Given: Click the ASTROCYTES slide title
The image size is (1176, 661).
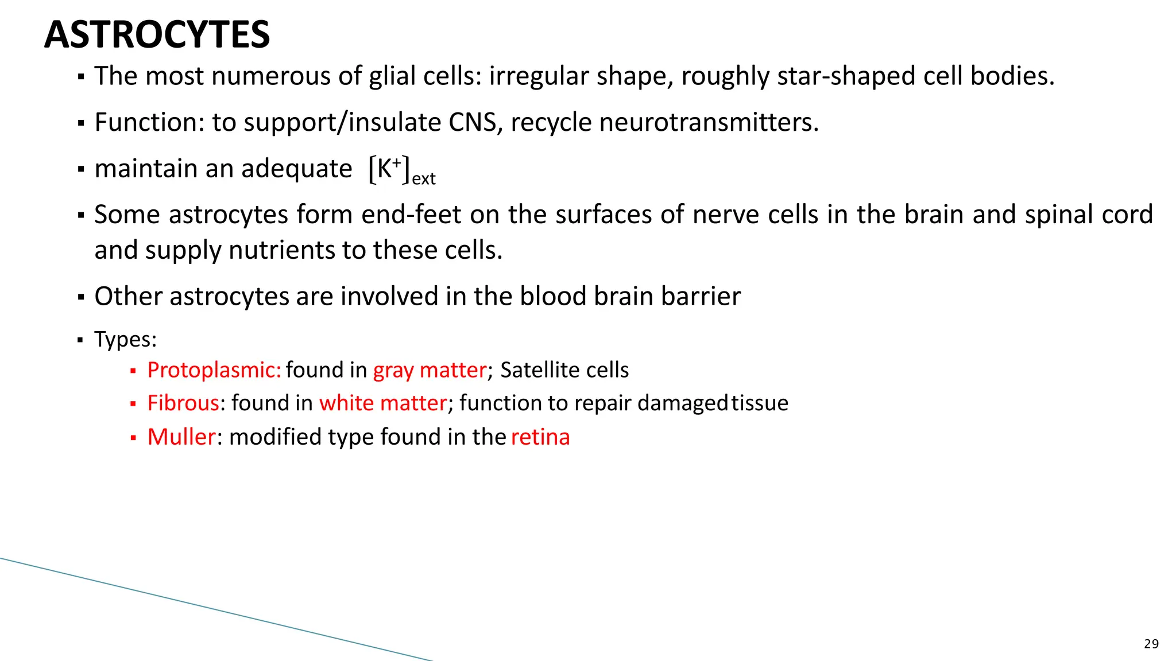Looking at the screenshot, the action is point(157,34).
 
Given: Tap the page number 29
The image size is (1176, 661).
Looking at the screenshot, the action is point(1151,644).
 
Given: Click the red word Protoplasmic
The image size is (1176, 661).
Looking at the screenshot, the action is point(214,370).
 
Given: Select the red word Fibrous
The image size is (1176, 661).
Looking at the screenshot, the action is point(183,403).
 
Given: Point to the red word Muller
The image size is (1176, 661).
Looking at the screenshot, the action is point(181,437).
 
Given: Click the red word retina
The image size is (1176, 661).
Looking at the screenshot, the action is point(540,437).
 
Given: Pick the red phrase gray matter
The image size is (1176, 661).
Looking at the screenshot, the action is point(430,370).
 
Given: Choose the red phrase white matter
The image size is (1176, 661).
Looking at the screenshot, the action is point(383,403).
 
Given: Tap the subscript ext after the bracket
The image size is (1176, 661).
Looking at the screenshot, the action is point(424,179).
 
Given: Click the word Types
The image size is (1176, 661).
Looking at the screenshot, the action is point(125,339).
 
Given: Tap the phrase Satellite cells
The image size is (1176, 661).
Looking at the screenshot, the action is point(564,370).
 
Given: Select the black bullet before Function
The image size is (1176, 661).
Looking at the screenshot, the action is point(81,123).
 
